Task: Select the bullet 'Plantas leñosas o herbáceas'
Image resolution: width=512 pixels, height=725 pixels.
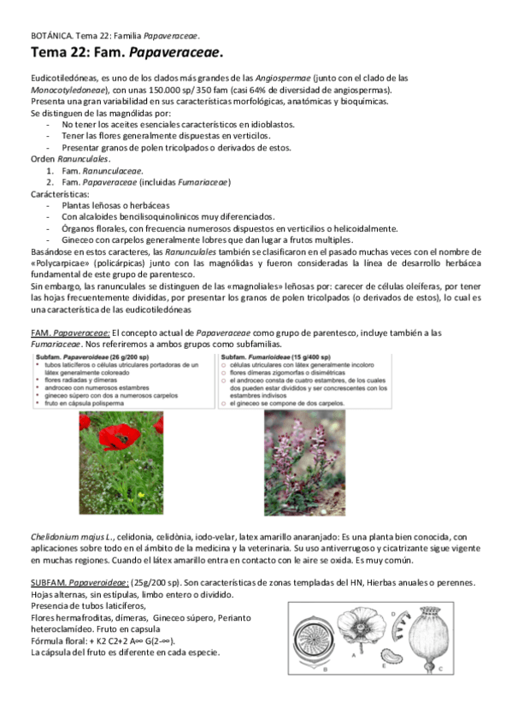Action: pyautogui.click(x=115, y=205)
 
